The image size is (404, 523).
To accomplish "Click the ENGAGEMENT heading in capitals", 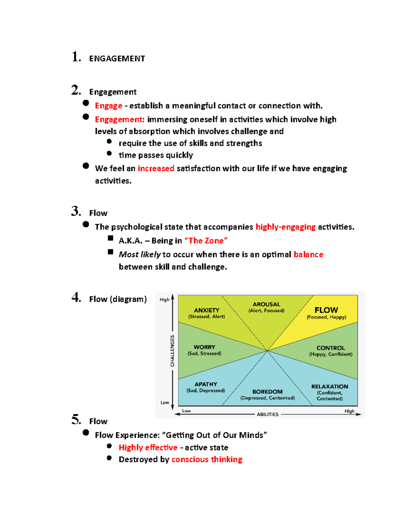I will [x=117, y=59].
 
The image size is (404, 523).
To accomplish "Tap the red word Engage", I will [x=108, y=106].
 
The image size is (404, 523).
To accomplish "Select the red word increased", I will [x=156, y=168].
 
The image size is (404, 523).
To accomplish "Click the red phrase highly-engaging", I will [x=285, y=227].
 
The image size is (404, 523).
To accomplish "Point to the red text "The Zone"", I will [x=206, y=241].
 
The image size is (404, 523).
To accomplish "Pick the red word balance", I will [x=308, y=255].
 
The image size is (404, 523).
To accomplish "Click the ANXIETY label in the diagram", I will [x=207, y=310].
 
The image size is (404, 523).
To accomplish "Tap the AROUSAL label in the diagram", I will [x=266, y=304].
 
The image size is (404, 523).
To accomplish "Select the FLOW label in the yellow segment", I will [x=326, y=310].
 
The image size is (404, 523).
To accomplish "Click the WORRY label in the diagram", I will [x=204, y=347].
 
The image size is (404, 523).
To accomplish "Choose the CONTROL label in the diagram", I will [x=331, y=348].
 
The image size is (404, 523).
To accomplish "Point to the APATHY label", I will [x=206, y=384].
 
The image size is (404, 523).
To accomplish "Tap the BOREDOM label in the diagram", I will [x=267, y=392].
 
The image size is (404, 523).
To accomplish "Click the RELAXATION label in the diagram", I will [x=330, y=387].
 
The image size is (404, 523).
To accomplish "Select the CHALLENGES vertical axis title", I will [x=172, y=351].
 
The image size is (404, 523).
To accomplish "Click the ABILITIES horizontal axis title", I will [x=268, y=414].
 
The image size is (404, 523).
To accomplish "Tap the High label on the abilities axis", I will [x=349, y=411].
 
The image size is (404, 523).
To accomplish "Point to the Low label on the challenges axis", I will [x=165, y=402].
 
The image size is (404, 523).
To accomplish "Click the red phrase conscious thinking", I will [x=207, y=460].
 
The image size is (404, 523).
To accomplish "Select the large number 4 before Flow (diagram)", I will [x=76, y=298].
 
